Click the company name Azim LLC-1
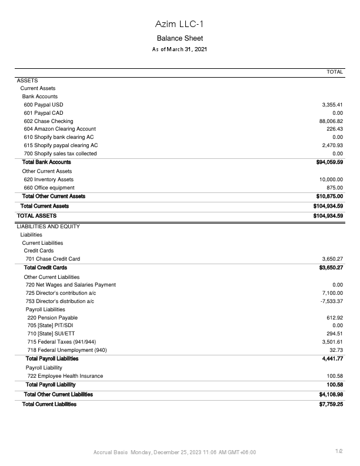(179, 24)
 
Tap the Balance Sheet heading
(179, 38)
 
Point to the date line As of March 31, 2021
(179, 49)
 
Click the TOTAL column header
(335, 72)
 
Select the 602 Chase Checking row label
(48, 121)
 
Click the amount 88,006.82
(331, 121)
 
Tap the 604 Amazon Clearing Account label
(59, 129)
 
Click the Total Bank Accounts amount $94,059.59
(329, 162)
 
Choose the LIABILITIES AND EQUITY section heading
(48, 227)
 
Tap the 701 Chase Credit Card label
(53, 259)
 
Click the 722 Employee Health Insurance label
(65, 376)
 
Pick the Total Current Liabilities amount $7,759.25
(331, 404)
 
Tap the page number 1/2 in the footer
(339, 451)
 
